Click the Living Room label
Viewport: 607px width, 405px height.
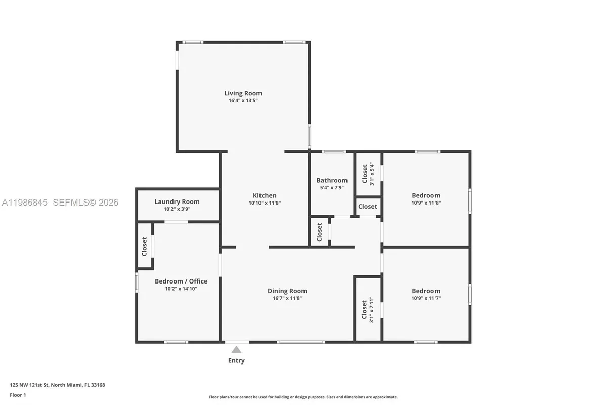pyautogui.click(x=243, y=93)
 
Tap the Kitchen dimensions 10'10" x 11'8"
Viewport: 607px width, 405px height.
pyautogui.click(x=265, y=202)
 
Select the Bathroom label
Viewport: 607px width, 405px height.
pyautogui.click(x=332, y=180)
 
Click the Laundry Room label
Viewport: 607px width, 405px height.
pyautogui.click(x=177, y=201)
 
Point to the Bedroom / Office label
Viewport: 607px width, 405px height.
pyautogui.click(x=181, y=281)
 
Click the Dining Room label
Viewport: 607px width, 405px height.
pyautogui.click(x=287, y=291)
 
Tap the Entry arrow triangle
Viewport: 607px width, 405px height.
pyautogui.click(x=236, y=349)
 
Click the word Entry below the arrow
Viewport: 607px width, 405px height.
pyautogui.click(x=236, y=360)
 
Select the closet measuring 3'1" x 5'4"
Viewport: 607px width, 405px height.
pyautogui.click(x=368, y=173)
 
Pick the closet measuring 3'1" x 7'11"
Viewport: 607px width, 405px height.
pyautogui.click(x=367, y=309)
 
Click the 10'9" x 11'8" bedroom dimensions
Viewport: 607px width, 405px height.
pyautogui.click(x=425, y=202)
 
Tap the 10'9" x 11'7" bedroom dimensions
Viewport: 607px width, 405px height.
pyautogui.click(x=425, y=298)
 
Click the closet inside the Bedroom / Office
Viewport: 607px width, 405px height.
pyautogui.click(x=145, y=246)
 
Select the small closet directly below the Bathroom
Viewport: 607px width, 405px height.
pyautogui.click(x=320, y=232)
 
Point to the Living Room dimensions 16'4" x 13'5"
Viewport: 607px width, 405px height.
pyautogui.click(x=243, y=101)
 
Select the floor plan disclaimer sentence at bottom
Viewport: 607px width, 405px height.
pyautogui.click(x=303, y=397)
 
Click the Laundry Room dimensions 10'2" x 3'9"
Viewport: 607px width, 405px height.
pyautogui.click(x=177, y=209)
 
